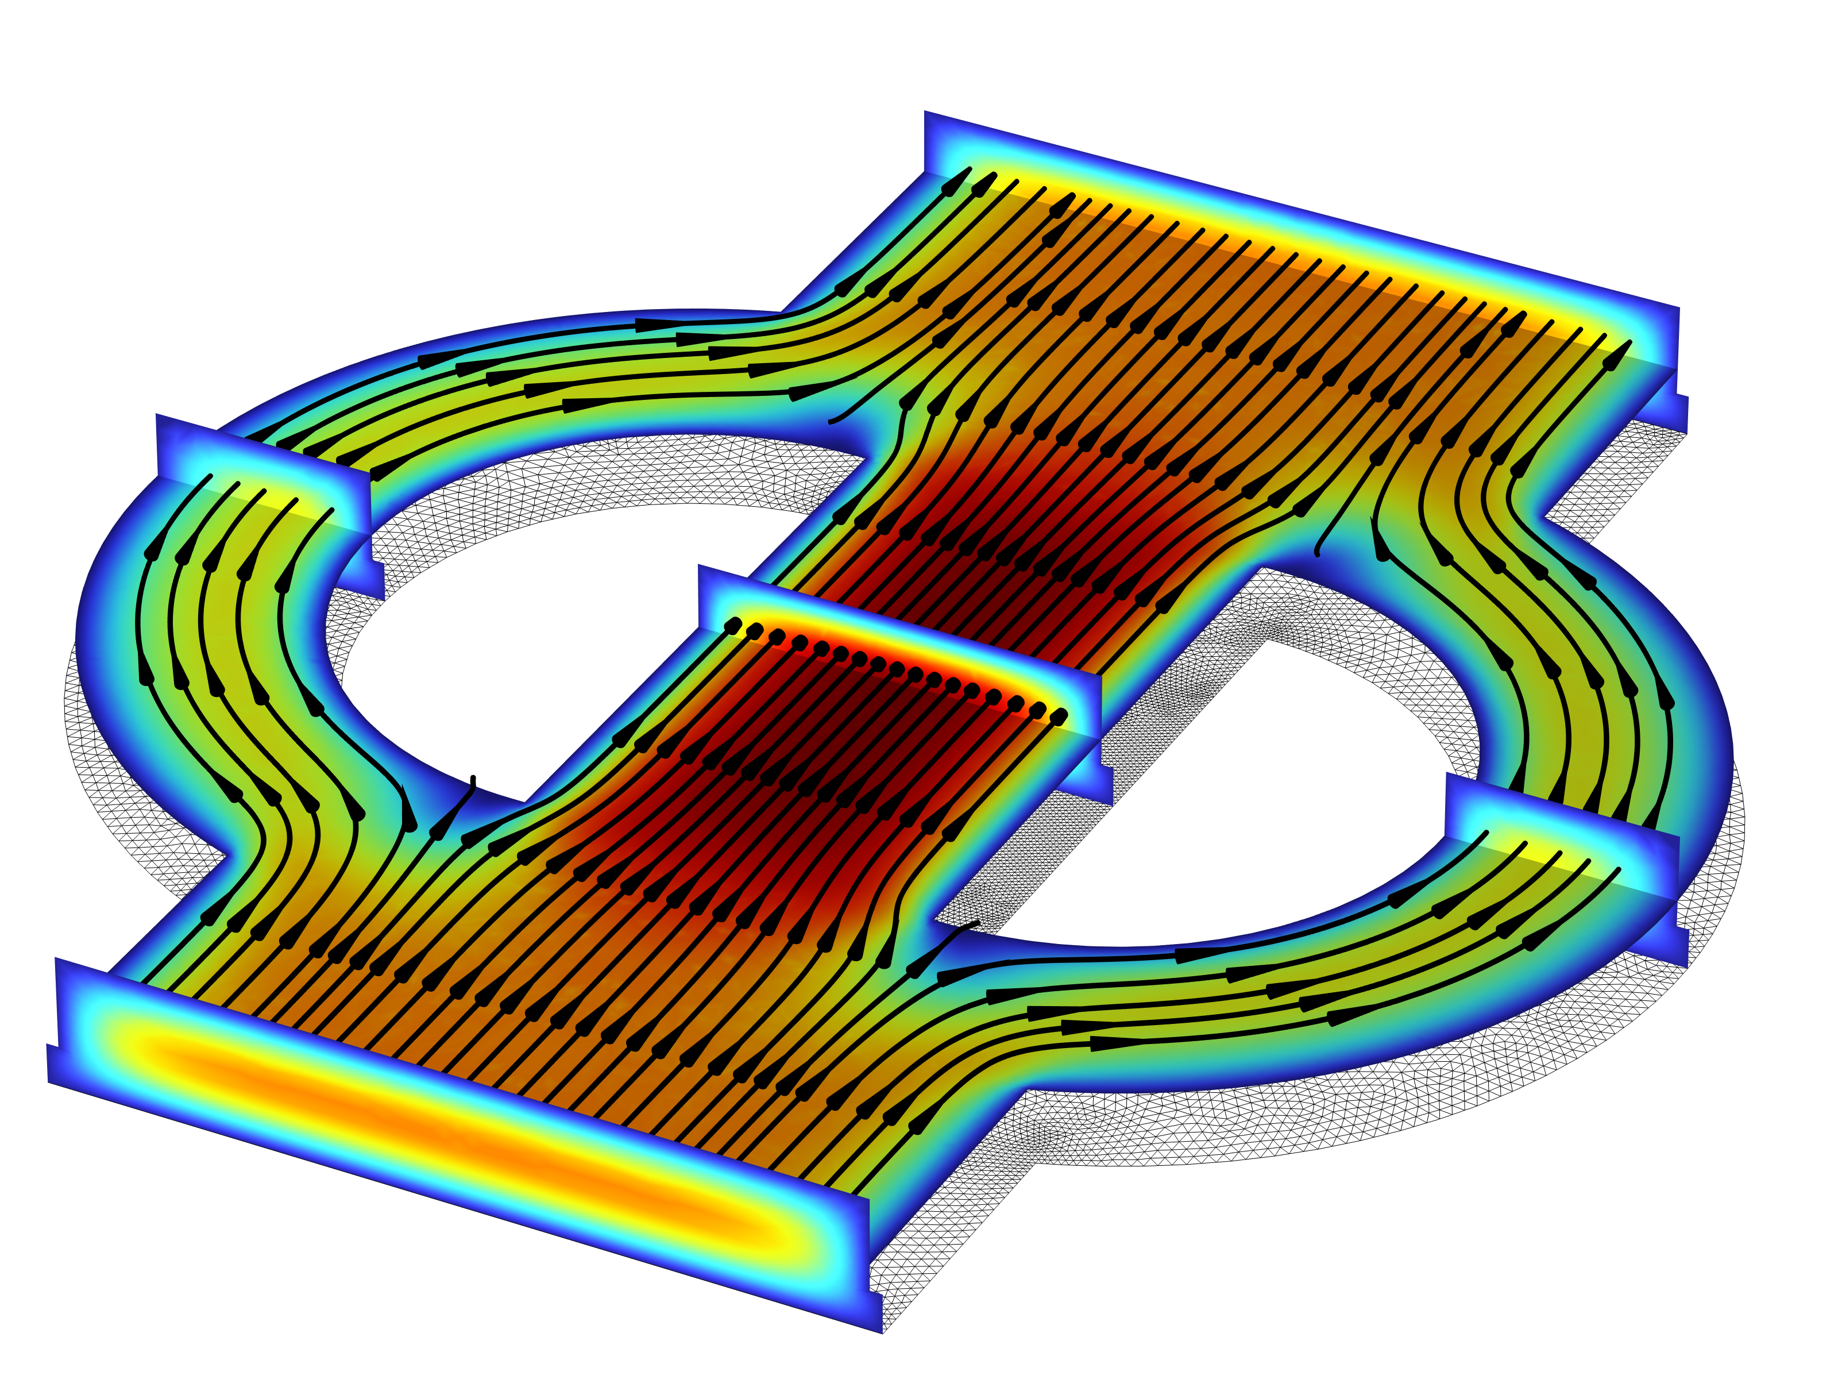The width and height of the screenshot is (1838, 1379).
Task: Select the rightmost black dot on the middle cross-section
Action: click(1059, 716)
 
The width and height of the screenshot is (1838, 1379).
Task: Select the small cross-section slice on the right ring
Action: click(1562, 839)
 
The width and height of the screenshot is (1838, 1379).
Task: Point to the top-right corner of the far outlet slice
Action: click(1678, 309)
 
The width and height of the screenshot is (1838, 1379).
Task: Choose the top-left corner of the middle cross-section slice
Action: click(701, 568)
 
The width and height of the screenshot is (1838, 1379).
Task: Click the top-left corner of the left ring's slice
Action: click(158, 415)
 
